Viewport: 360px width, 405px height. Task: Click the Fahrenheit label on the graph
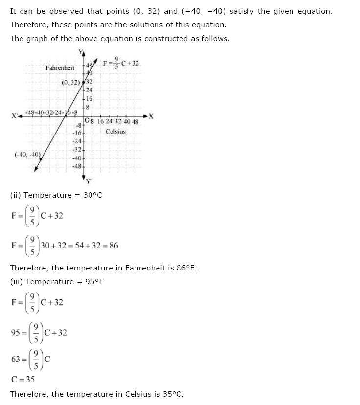tap(60, 68)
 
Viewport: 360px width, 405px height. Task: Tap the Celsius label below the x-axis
tap(115, 132)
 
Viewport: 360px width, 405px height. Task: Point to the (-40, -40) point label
tap(27, 155)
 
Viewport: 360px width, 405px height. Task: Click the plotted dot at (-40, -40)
tap(41, 159)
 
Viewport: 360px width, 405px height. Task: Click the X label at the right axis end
tap(151, 116)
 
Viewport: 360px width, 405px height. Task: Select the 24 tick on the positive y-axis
tap(89, 90)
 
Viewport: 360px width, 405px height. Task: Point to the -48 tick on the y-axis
tap(77, 166)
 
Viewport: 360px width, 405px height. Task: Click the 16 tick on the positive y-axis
tap(89, 98)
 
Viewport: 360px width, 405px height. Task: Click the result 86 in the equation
tap(114, 246)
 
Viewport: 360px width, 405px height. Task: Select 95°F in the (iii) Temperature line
tap(94, 281)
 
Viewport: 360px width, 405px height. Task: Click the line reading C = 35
tap(22, 379)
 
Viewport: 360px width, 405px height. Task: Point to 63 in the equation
tap(16, 360)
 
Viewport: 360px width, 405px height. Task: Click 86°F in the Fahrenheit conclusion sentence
tap(186, 268)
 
